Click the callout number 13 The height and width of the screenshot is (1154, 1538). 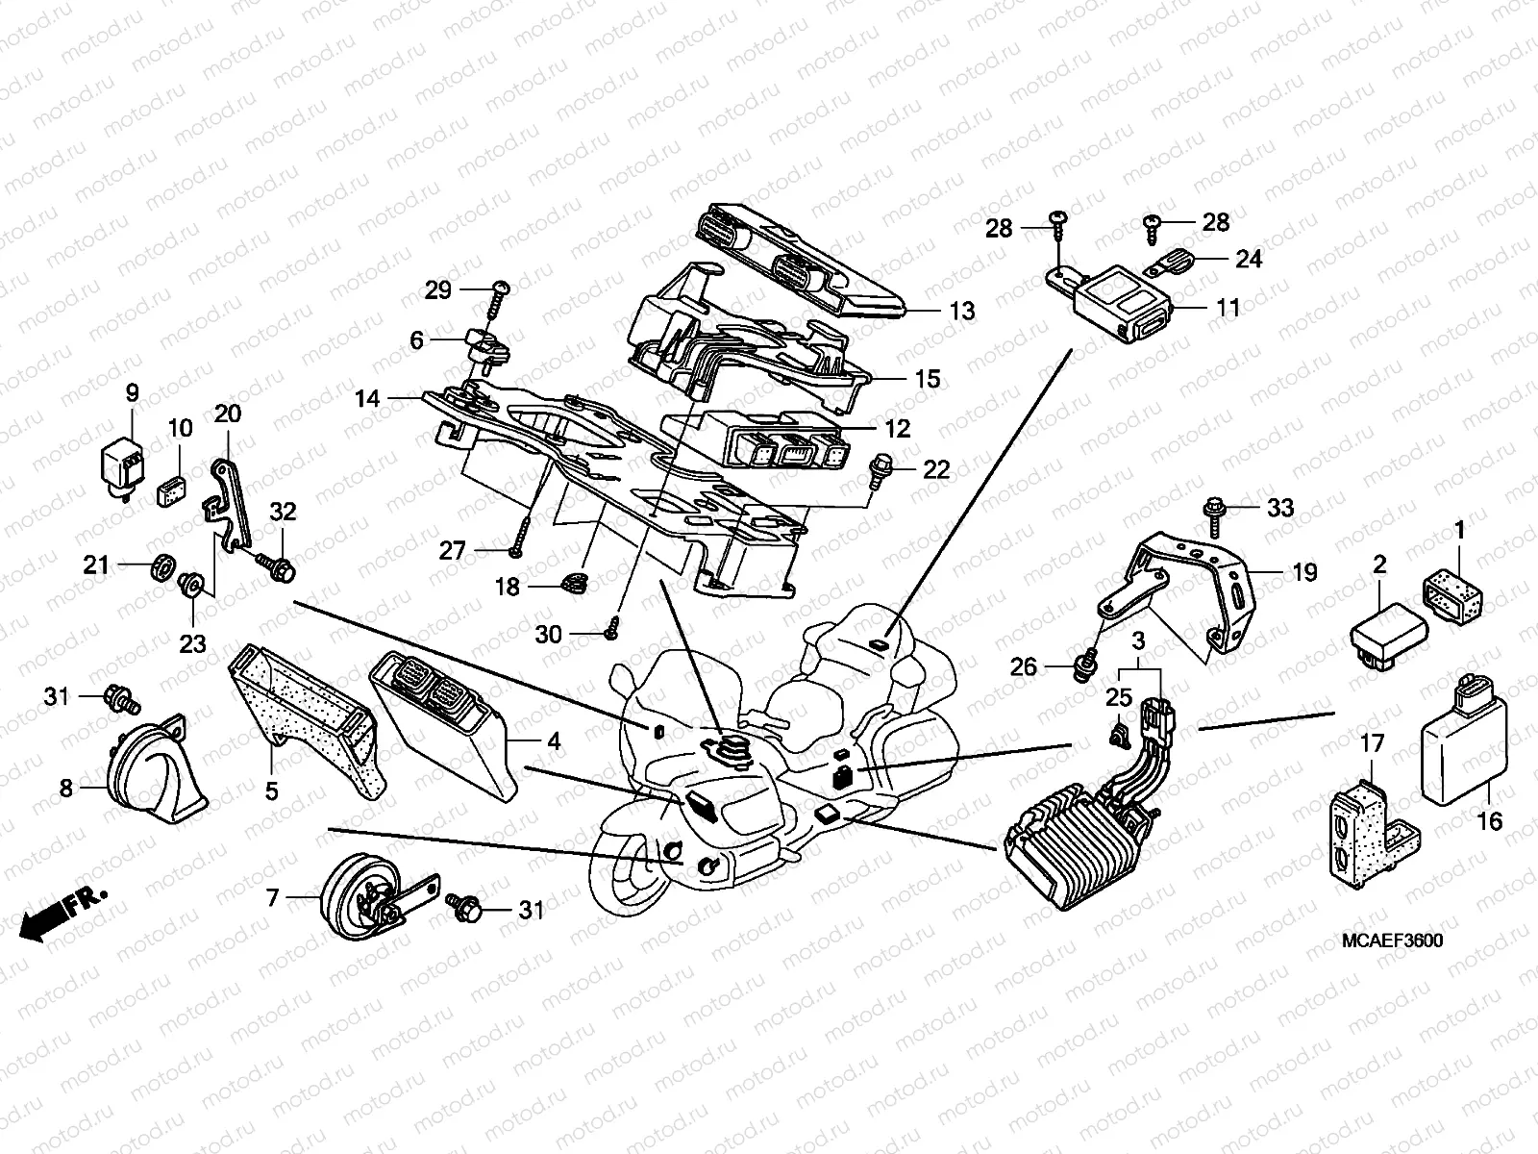click(x=961, y=311)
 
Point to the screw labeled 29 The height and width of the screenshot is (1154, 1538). click(x=498, y=293)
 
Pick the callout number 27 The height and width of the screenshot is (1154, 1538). click(x=453, y=551)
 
